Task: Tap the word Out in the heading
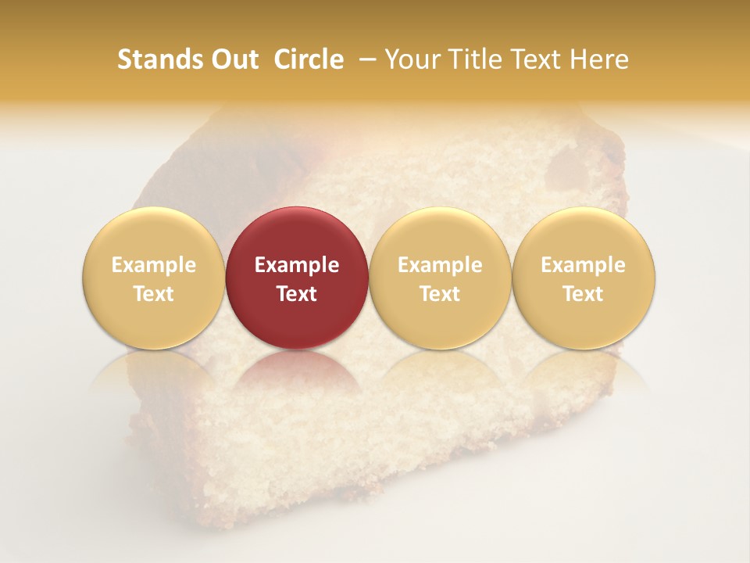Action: (233, 59)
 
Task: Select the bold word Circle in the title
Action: (309, 59)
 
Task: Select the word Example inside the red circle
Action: (297, 265)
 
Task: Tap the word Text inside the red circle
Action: (297, 294)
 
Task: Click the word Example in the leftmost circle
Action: (154, 265)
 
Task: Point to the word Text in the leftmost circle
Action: (154, 294)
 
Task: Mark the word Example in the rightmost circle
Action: (584, 265)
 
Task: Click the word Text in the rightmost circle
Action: (584, 294)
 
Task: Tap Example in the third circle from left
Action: (440, 265)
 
